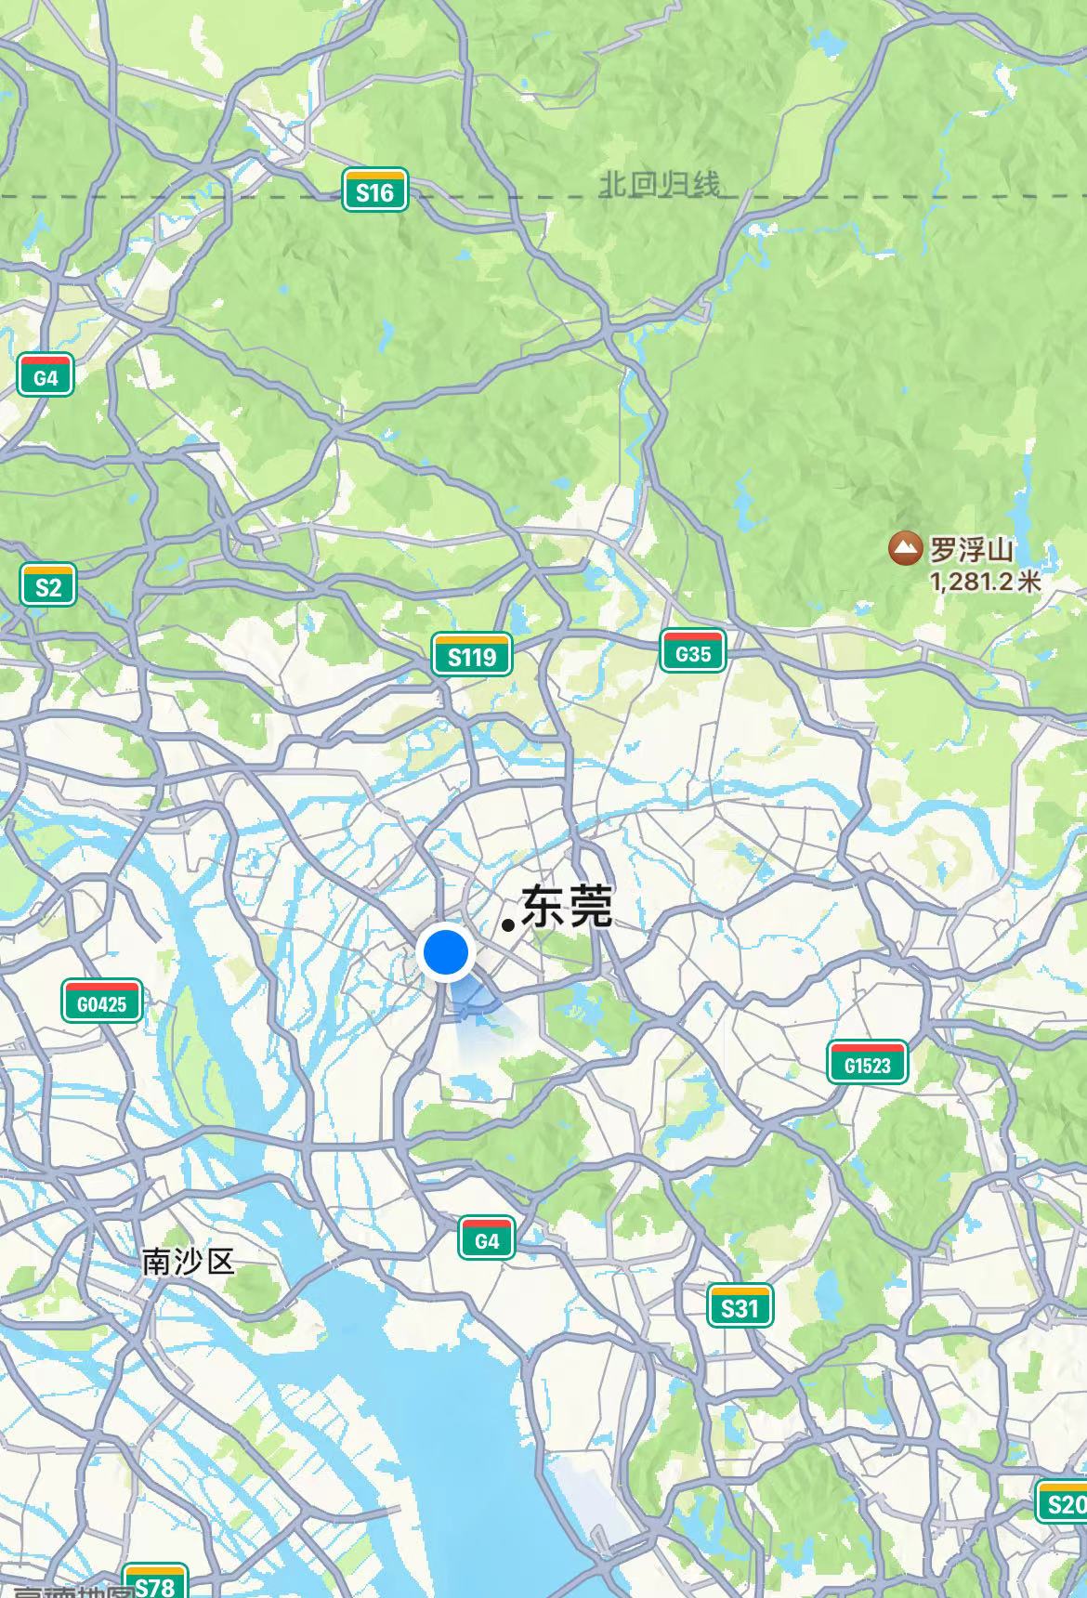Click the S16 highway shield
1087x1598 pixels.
tap(374, 191)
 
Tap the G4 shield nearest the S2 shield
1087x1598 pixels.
tap(46, 376)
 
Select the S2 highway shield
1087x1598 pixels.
tap(47, 585)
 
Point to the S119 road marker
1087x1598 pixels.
tap(471, 656)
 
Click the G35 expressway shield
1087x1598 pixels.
tap(692, 652)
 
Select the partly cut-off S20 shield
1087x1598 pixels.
tap(1063, 1502)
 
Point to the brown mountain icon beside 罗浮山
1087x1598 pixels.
tap(904, 549)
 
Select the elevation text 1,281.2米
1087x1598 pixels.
tap(985, 582)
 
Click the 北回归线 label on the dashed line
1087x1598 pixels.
tap(660, 185)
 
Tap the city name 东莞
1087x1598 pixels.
tap(567, 907)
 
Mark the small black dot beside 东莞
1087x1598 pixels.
tap(508, 924)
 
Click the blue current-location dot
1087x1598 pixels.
tap(447, 952)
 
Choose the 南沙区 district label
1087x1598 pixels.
tap(189, 1261)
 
